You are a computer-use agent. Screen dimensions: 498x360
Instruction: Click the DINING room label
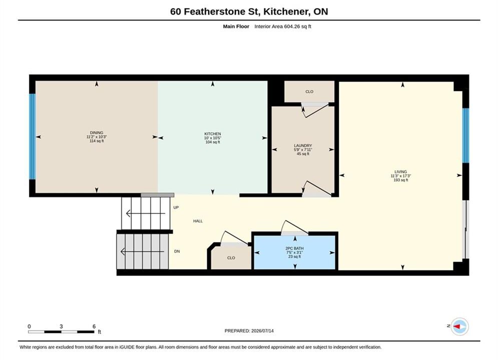97,133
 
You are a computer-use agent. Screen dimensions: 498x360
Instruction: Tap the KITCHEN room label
213,134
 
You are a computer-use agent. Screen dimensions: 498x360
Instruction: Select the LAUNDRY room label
303,145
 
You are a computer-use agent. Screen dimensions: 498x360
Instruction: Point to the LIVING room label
400,171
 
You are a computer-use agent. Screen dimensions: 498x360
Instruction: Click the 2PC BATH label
294,248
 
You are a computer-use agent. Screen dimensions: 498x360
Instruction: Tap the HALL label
198,221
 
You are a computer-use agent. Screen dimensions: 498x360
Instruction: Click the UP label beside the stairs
176,207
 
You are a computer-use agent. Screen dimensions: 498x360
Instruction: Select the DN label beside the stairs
177,251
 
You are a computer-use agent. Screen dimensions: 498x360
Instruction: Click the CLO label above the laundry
309,91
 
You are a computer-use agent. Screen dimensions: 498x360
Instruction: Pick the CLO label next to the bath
231,258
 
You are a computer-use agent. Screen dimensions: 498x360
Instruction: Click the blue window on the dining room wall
32,136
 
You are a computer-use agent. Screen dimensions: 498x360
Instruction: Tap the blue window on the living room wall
465,135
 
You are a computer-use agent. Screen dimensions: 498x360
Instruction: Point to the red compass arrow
457,326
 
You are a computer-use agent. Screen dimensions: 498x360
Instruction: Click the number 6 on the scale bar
94,326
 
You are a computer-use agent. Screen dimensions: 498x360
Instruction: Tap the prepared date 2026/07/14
262,331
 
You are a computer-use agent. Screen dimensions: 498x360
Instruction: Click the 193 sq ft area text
401,180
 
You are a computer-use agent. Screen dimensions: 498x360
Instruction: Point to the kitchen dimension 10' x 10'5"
213,138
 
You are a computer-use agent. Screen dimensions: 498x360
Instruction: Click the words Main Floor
236,26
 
